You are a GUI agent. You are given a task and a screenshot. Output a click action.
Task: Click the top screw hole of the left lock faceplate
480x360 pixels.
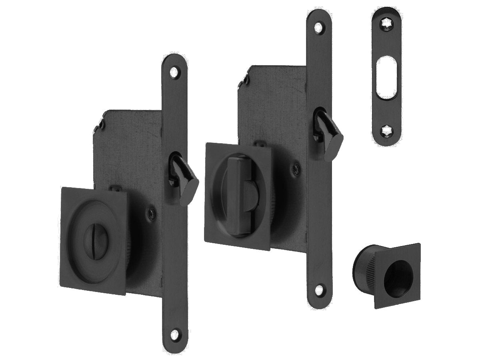174,72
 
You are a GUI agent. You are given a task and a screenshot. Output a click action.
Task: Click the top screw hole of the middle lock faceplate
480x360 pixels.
318,28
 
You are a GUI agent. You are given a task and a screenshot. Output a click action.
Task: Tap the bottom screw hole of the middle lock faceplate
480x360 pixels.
318,290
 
